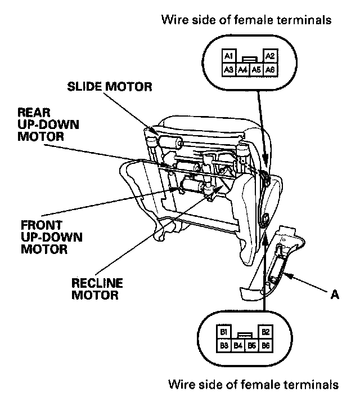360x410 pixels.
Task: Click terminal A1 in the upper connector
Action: [x=228, y=56]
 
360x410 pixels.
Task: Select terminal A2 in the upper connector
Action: [x=269, y=56]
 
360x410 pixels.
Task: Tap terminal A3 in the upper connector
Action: [x=228, y=69]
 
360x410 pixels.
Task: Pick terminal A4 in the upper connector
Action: [x=242, y=69]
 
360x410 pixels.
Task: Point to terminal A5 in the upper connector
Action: [x=256, y=69]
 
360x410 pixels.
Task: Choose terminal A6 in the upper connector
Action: [x=269, y=69]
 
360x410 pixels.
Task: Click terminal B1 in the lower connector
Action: [x=223, y=332]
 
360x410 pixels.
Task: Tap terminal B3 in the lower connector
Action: [x=223, y=345]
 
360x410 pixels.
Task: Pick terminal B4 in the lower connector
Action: [x=237, y=345]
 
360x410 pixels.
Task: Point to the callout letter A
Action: [x=335, y=293]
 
